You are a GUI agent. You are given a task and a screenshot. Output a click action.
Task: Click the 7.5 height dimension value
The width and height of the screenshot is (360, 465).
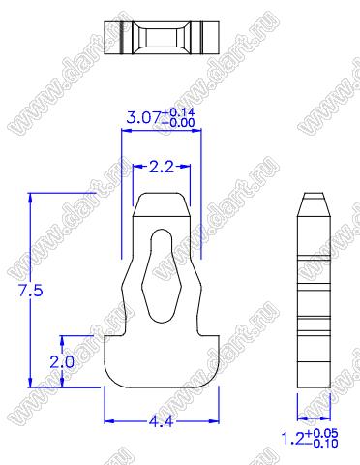tap(31, 291)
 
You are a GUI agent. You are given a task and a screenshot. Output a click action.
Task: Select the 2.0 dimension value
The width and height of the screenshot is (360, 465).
tap(62, 362)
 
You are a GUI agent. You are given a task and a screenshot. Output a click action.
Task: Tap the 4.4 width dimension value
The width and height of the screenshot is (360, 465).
tap(161, 421)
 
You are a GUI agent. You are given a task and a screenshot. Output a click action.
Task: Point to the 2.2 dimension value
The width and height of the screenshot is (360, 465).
tap(162, 167)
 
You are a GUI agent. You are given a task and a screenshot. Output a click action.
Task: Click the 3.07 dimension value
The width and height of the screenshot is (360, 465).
tap(143, 117)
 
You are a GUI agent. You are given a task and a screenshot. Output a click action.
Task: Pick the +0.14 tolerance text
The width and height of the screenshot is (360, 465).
tap(178, 112)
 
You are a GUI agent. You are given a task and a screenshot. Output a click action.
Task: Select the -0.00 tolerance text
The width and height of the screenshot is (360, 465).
tap(178, 123)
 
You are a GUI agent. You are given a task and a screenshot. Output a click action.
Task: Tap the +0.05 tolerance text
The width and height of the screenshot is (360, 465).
tap(321, 433)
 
